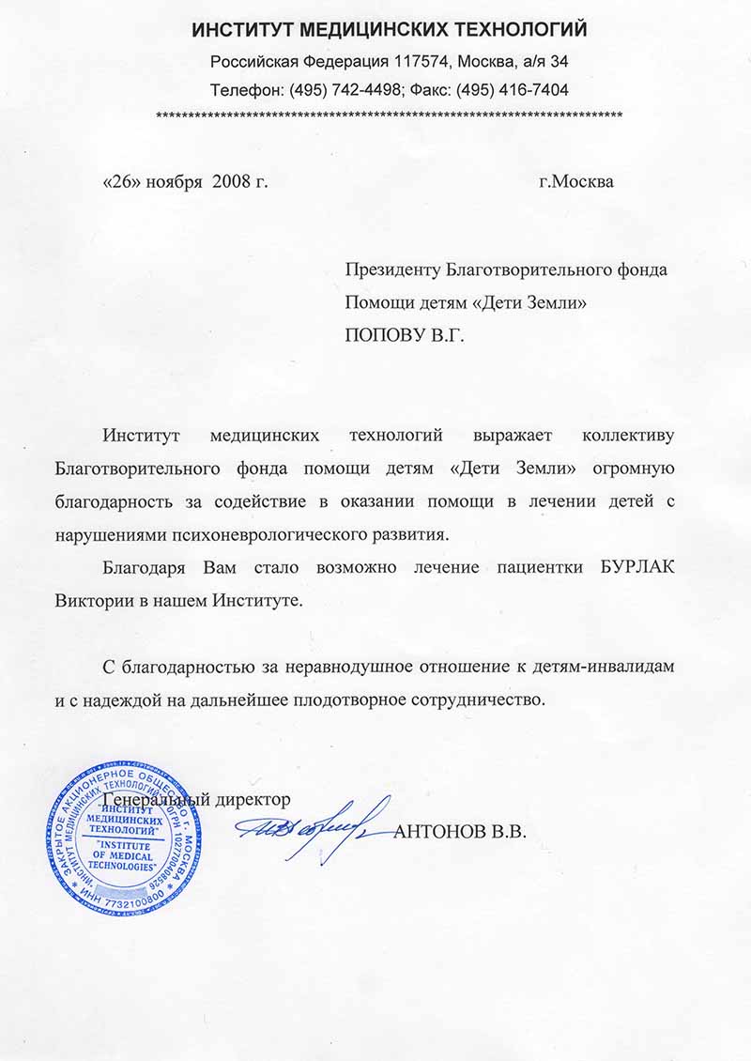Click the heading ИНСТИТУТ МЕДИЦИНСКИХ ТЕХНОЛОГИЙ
tap(390, 30)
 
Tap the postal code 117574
tap(421, 62)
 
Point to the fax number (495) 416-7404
tap(512, 90)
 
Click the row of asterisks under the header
tap(389, 115)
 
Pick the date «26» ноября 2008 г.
tap(184, 181)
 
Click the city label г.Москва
tap(576, 181)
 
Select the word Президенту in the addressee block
tap(392, 269)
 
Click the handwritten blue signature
tap(315, 824)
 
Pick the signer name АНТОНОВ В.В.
tap(461, 832)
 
